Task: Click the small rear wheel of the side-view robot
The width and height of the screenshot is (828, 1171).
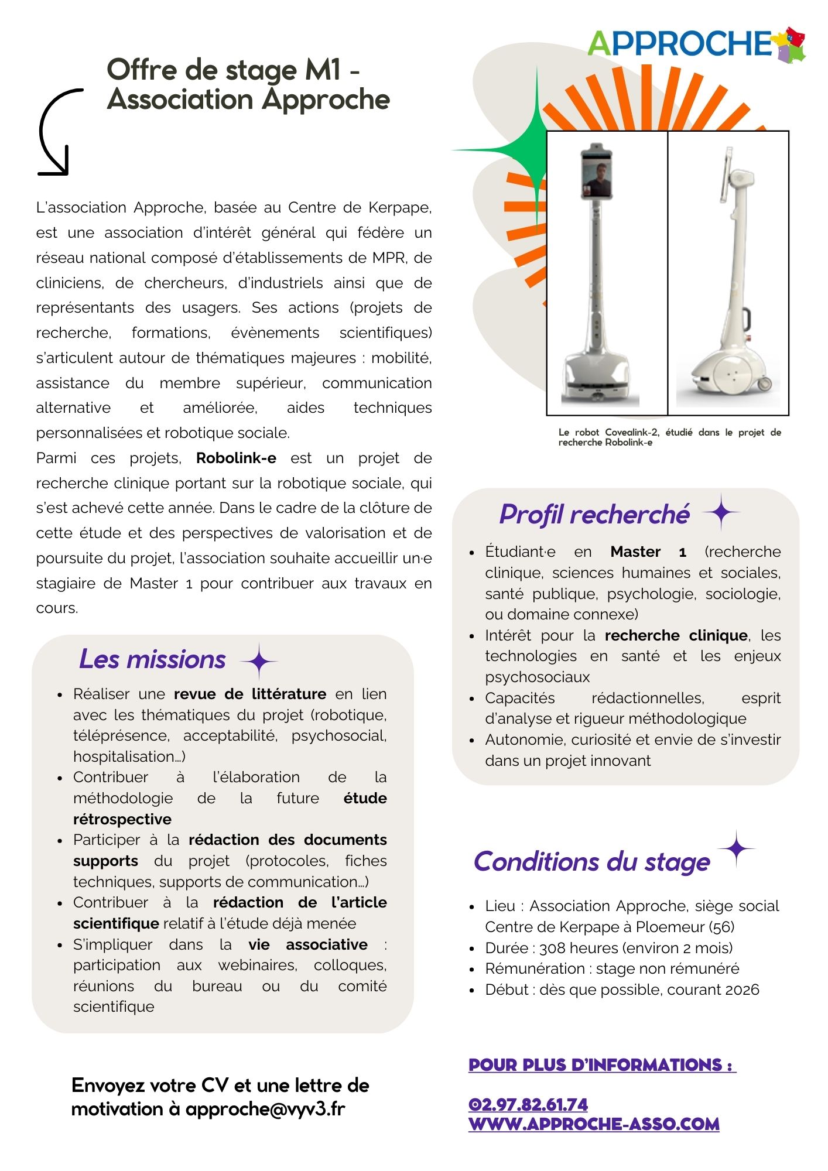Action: tap(766, 384)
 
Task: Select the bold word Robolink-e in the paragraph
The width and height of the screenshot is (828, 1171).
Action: tap(236, 458)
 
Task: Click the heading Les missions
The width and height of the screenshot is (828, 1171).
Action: tap(152, 659)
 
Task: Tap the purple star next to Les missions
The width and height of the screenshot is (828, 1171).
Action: tap(258, 661)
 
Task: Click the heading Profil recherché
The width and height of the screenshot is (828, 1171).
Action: tap(594, 515)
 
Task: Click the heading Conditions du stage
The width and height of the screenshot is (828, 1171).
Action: tap(591, 861)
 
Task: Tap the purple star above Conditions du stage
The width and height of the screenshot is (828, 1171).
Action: tap(737, 848)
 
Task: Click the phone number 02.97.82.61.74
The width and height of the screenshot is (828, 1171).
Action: tap(528, 1104)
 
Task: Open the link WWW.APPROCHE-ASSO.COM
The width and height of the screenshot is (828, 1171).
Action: tap(594, 1124)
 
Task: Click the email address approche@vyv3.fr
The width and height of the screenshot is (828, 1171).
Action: tap(265, 1109)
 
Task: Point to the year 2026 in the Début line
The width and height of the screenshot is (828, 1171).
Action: tap(742, 989)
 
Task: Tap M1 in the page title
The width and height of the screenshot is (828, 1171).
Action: tap(323, 70)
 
